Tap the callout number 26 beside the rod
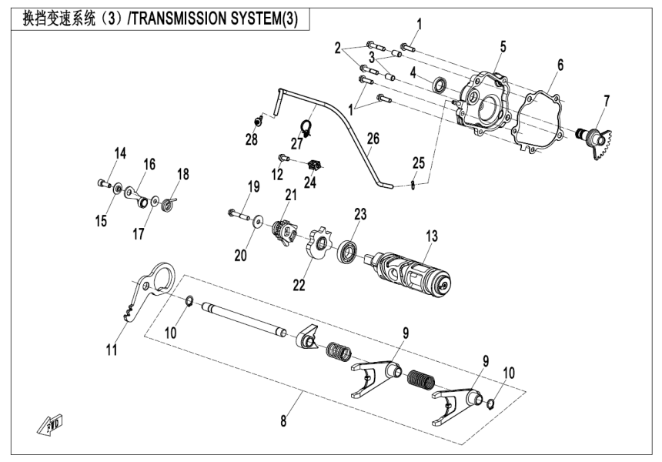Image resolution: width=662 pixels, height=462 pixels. [373, 139]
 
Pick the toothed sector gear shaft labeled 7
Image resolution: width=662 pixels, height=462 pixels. [593, 142]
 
